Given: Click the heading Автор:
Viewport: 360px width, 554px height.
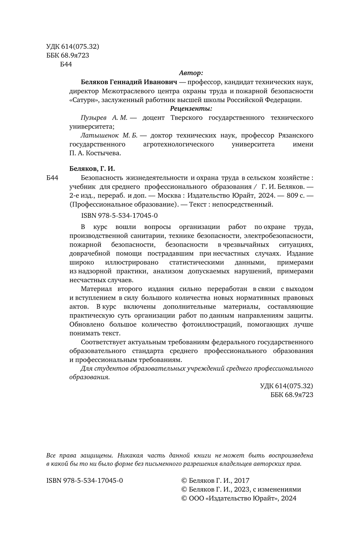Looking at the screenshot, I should click(191, 73).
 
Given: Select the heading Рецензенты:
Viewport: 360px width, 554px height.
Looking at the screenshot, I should click(191, 108).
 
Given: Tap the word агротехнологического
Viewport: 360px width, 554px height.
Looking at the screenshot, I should click(178, 144).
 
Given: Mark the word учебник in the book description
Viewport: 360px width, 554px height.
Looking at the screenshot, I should click(82, 187).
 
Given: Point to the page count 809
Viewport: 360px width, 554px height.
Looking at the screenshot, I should click(288, 195).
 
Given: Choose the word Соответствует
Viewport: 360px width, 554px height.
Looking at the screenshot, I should click(103, 342).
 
